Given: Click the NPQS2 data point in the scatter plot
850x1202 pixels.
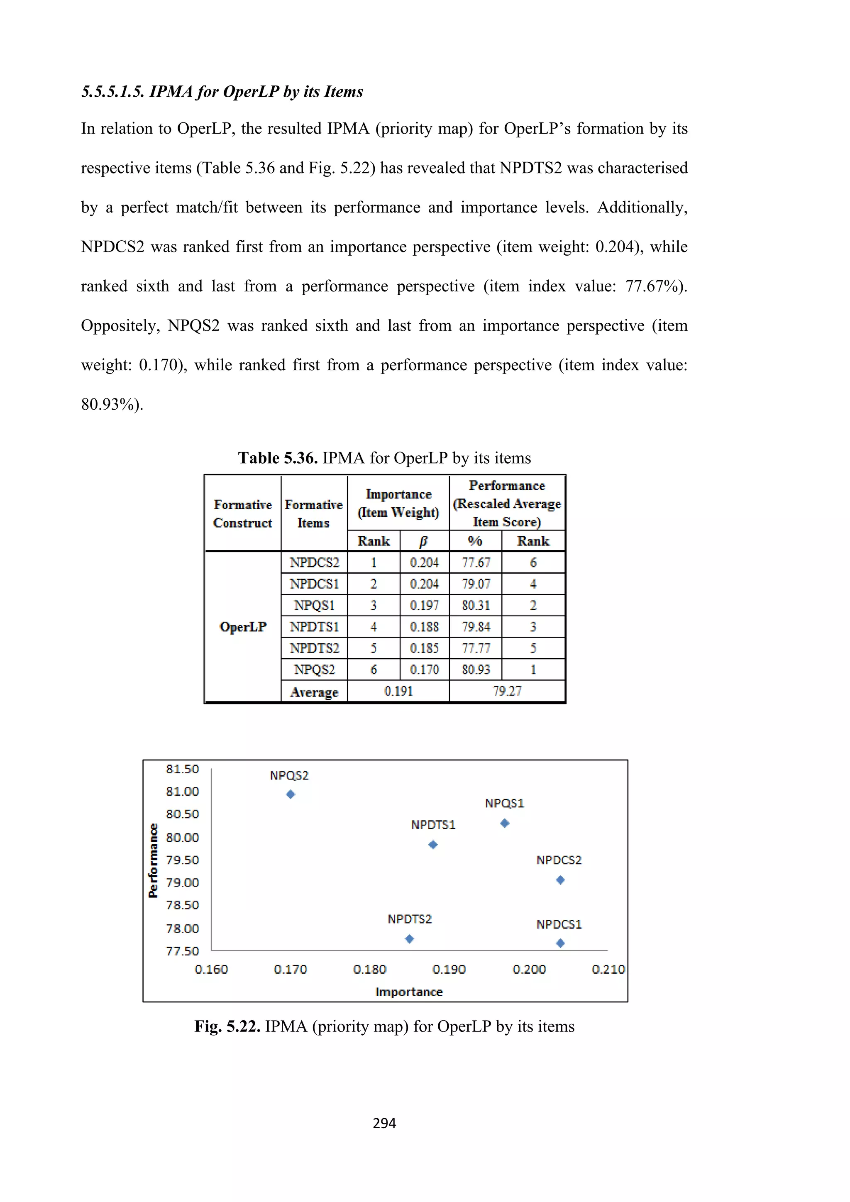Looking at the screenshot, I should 291,794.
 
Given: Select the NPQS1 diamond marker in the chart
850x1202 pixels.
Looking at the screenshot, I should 505,823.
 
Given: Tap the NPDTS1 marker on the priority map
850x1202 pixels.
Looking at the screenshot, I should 433,845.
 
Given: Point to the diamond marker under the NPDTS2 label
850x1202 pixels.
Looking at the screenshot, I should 409,939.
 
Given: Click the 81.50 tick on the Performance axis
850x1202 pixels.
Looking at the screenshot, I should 183,769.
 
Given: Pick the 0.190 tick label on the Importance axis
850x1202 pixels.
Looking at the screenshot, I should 449,969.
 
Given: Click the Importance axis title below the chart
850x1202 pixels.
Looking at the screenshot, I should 409,992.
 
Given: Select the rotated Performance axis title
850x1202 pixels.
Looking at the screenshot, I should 153,860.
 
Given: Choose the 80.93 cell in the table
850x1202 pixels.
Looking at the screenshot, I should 476,669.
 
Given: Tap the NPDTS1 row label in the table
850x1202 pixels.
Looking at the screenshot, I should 315,627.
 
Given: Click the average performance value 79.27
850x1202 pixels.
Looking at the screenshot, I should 507,691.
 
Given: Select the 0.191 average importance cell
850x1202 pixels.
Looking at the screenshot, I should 398,691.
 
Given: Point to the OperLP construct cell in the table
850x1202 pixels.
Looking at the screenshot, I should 243,627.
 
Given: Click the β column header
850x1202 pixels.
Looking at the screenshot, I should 424,541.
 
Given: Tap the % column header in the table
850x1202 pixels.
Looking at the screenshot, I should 475,541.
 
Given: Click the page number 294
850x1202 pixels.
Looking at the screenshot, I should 384,1124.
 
